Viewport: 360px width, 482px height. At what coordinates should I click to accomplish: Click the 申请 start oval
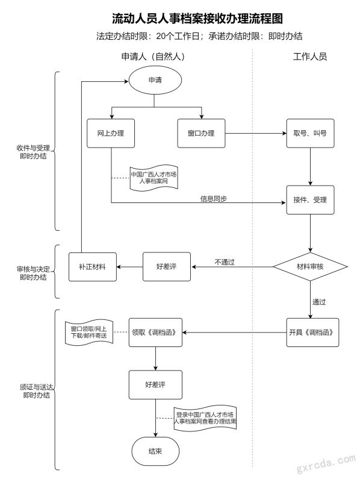click(x=155, y=80)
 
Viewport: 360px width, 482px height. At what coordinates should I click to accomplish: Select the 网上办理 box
click(x=111, y=133)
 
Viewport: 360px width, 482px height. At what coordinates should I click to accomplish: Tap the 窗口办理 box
click(x=201, y=133)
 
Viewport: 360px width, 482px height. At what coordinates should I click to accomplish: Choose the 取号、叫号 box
click(x=310, y=133)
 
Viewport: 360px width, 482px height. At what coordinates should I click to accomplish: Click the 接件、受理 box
click(x=310, y=200)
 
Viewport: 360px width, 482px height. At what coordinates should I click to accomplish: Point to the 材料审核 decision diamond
click(x=310, y=267)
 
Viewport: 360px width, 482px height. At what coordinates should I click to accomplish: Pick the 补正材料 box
click(x=93, y=267)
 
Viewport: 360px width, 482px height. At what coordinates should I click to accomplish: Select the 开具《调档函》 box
click(x=312, y=333)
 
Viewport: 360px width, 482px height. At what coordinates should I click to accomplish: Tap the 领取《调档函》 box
click(x=155, y=333)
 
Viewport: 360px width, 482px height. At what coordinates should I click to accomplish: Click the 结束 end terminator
click(x=155, y=451)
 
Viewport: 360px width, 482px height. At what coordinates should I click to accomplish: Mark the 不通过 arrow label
click(x=225, y=262)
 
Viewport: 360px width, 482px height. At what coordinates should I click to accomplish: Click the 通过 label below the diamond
click(x=319, y=302)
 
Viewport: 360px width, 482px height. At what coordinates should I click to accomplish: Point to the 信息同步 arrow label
click(x=214, y=199)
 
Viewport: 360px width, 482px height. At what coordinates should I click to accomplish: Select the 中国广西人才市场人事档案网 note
click(x=154, y=178)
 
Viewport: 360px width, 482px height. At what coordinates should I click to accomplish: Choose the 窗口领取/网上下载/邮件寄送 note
click(x=89, y=333)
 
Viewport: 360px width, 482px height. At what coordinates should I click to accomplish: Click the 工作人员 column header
click(x=310, y=57)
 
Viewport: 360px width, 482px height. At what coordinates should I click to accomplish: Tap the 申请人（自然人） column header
click(x=154, y=57)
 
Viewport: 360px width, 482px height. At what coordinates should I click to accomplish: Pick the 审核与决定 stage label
click(x=33, y=269)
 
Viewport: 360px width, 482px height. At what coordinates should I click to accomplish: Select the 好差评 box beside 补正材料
click(x=167, y=267)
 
